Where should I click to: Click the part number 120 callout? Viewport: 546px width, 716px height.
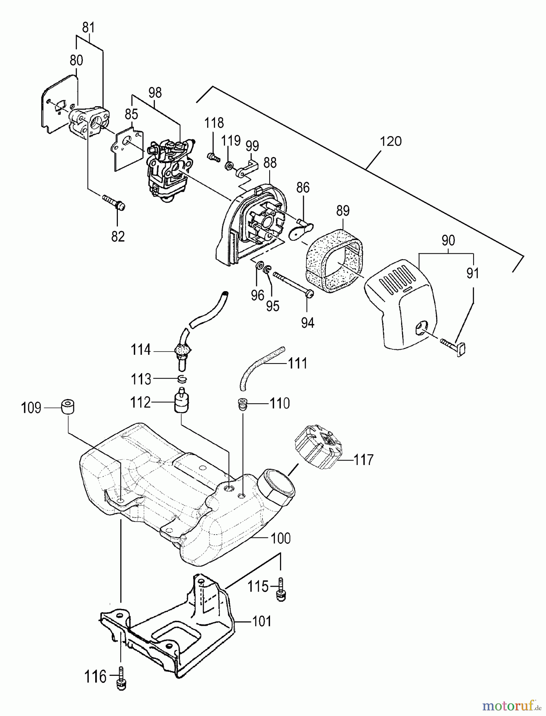391,141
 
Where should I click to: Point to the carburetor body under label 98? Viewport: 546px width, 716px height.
169,171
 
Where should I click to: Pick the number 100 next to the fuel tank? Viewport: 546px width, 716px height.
280,538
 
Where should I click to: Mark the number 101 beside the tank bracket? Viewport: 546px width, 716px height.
261,621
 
